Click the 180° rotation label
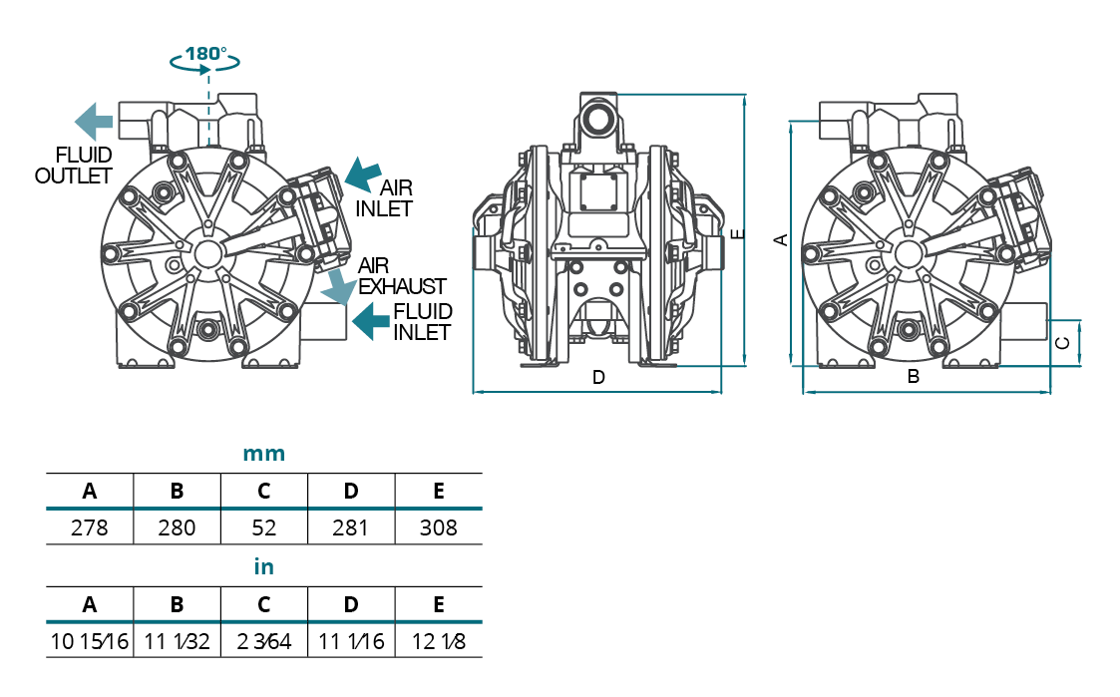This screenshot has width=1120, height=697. (x=205, y=52)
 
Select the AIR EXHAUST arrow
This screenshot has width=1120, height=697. (x=339, y=286)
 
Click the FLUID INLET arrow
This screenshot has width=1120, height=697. (x=371, y=320)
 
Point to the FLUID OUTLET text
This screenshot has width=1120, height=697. (x=73, y=166)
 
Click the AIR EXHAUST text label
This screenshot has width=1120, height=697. (x=402, y=276)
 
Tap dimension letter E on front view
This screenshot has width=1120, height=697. (x=736, y=234)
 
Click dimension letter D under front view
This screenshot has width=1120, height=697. (x=598, y=378)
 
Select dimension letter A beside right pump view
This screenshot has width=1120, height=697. (x=782, y=239)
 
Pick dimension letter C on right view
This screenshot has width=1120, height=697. (x=1063, y=343)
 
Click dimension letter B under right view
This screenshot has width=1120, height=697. (x=913, y=378)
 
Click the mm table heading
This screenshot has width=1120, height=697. (x=264, y=455)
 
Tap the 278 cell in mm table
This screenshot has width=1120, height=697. (x=89, y=527)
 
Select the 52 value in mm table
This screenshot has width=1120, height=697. (x=263, y=527)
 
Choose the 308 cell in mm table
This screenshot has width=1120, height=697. (x=439, y=527)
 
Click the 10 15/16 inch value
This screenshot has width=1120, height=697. (x=89, y=641)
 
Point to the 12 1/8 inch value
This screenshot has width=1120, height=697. (x=439, y=641)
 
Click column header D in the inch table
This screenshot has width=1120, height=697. (x=351, y=604)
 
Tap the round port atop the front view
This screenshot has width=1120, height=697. (x=599, y=118)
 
